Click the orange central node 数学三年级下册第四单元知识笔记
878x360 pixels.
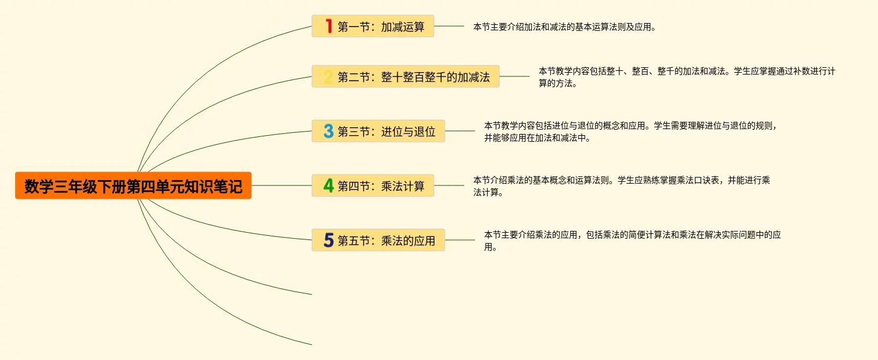click(133, 185)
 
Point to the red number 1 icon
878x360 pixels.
click(328, 26)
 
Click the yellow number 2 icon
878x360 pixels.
click(328, 77)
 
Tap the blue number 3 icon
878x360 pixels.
click(328, 131)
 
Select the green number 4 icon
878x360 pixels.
click(328, 185)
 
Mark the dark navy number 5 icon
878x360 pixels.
click(328, 240)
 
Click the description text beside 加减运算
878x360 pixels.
click(564, 27)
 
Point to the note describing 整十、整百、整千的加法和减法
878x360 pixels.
click(687, 77)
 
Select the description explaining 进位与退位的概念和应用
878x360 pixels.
click(630, 132)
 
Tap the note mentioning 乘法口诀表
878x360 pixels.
click(621, 186)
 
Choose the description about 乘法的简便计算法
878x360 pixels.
click(632, 241)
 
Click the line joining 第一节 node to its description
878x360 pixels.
click(449, 26)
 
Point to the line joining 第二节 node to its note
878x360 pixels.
click(514, 76)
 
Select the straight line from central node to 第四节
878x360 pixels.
click(281, 185)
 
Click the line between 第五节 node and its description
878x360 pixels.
click(460, 240)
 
